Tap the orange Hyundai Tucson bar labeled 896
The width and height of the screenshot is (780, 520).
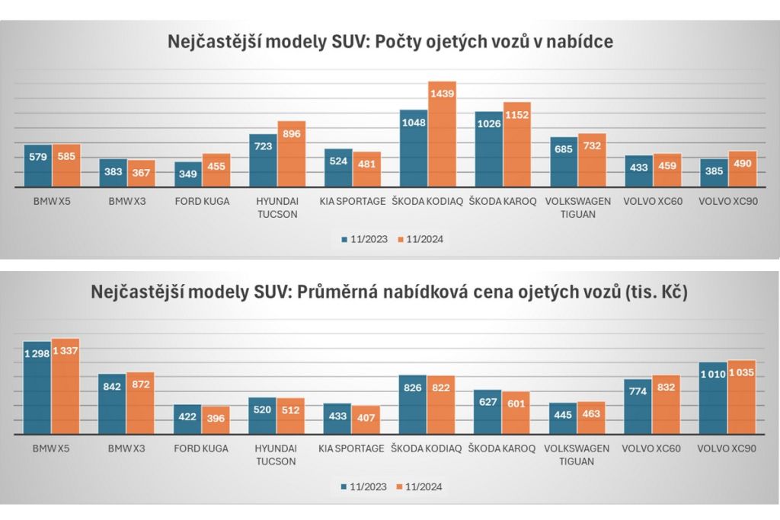(x=292, y=153)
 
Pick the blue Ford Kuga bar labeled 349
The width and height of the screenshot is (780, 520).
(x=187, y=174)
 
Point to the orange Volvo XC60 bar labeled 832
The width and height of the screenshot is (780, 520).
(x=667, y=404)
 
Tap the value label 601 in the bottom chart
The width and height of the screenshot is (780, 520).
(x=516, y=404)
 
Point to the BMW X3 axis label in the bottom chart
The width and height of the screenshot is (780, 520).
(x=127, y=448)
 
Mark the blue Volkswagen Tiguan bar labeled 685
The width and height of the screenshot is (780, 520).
(x=563, y=161)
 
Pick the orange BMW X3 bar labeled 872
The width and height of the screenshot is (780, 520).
(x=140, y=403)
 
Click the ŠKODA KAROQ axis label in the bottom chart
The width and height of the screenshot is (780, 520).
(x=502, y=448)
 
